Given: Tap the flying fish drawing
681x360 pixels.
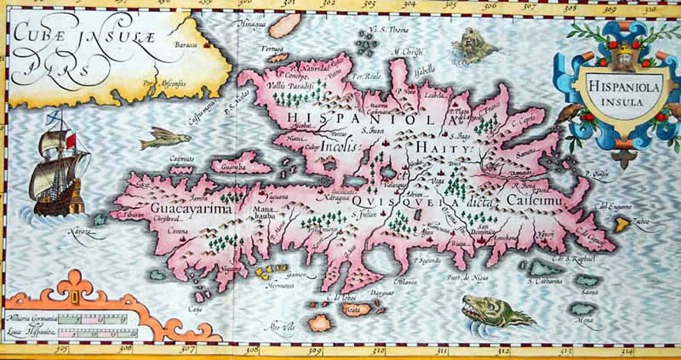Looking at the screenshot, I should (x=165, y=139).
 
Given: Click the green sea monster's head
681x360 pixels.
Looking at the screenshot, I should (x=477, y=306).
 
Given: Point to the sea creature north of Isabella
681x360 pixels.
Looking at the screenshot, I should (x=466, y=40).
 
